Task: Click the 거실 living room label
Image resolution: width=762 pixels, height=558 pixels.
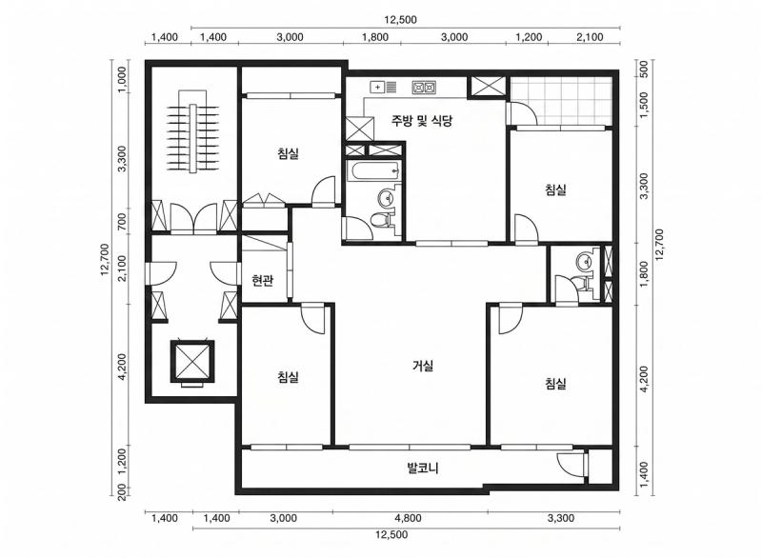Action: point(422,366)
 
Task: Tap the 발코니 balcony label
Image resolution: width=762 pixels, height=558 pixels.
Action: point(422,468)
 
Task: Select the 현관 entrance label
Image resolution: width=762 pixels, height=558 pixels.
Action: point(263,280)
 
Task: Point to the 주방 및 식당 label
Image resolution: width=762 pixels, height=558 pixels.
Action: point(422,120)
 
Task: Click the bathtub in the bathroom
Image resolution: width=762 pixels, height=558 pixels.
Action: point(373,171)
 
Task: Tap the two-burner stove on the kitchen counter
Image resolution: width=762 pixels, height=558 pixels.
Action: point(424,88)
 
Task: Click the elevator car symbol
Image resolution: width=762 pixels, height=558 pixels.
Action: point(192,361)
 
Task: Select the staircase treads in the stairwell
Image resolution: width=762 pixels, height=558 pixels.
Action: point(193,137)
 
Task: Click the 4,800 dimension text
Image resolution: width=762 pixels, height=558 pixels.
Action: point(408,518)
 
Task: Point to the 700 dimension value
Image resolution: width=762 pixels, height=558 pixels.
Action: point(122,222)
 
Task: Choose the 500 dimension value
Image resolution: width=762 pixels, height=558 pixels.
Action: point(644,69)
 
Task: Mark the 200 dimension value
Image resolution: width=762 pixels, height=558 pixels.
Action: point(122,492)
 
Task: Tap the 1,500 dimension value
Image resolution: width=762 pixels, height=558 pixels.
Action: point(644,105)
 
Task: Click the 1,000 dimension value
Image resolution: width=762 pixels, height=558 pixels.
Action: point(122,80)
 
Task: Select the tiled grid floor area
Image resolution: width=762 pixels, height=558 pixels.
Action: point(560,101)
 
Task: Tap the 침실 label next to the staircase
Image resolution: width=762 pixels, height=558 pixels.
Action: point(289,154)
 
